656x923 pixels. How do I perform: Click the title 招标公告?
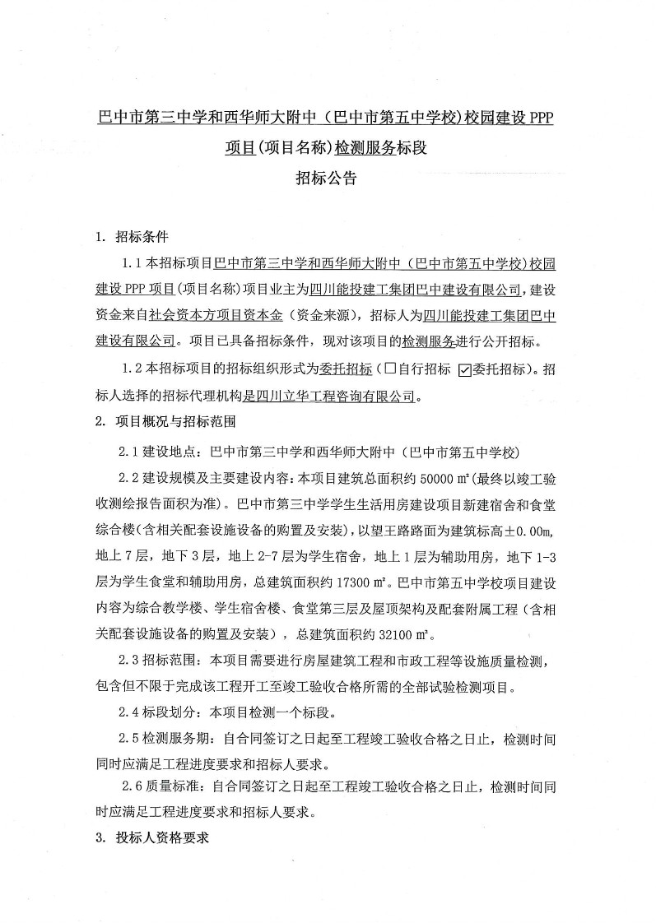click(327, 178)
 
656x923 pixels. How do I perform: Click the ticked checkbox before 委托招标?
click(463, 369)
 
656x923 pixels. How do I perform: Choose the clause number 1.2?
click(132, 369)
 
